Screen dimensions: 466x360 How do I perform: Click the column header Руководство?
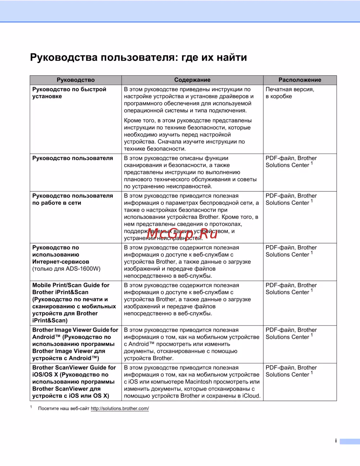(76, 80)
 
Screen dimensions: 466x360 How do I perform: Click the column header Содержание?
(192, 80)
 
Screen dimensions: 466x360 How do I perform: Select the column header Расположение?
(300, 80)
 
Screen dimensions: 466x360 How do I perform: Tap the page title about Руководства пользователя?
(138, 58)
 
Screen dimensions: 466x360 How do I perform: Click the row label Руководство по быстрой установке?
(69, 93)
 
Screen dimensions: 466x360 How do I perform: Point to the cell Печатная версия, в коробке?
(290, 93)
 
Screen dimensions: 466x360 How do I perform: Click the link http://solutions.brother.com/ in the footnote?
(120, 408)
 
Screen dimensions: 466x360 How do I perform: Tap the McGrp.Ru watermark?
(182, 234)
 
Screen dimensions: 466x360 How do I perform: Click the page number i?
(336, 441)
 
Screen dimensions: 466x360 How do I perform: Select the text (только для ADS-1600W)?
(66, 269)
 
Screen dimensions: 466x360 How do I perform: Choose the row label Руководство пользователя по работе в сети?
(72, 199)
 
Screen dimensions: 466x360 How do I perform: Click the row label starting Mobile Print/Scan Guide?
(74, 303)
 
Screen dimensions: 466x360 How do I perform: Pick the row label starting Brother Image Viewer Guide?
(75, 344)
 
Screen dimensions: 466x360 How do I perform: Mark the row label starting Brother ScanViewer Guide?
(74, 382)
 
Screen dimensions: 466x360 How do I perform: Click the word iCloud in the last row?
(251, 396)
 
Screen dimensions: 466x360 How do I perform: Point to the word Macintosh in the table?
(203, 382)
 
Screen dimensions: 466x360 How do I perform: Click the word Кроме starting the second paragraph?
(132, 121)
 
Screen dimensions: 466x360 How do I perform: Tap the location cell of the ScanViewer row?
(291, 371)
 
